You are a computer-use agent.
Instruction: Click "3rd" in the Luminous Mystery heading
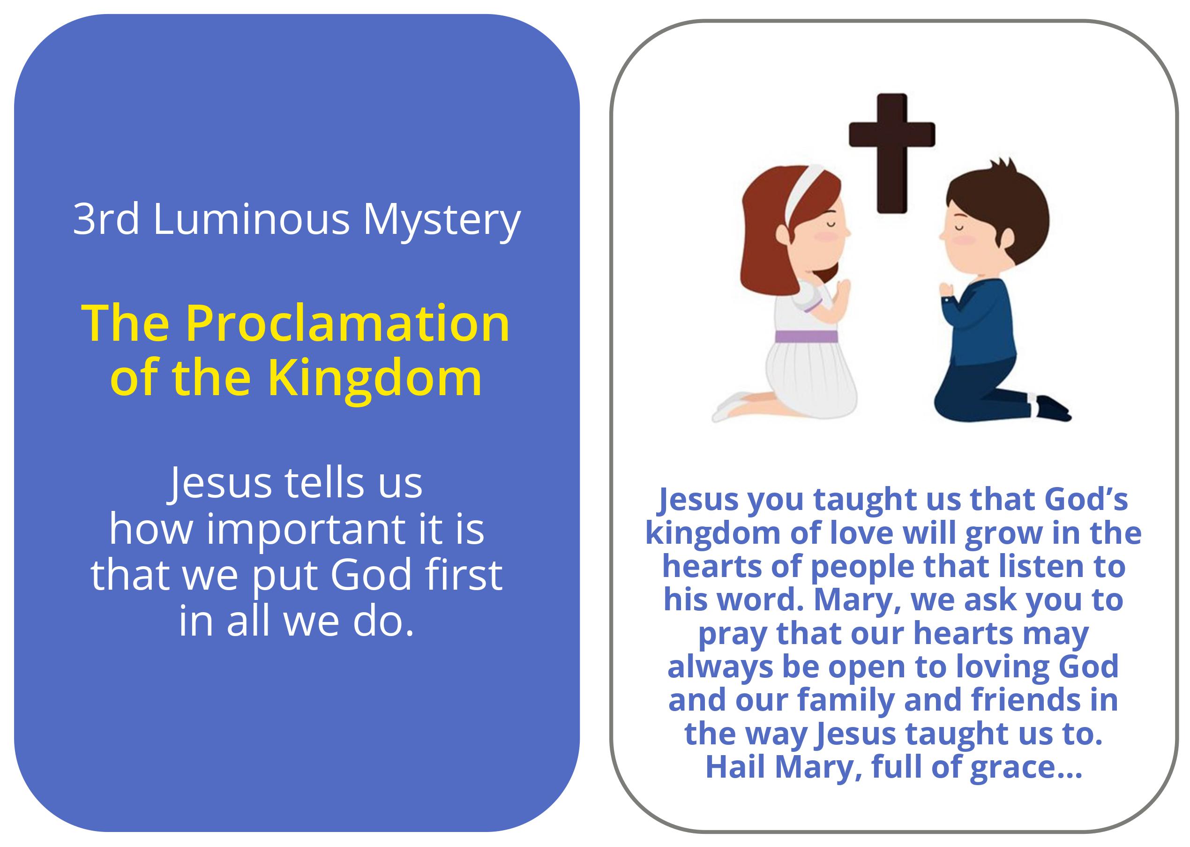(106, 219)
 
